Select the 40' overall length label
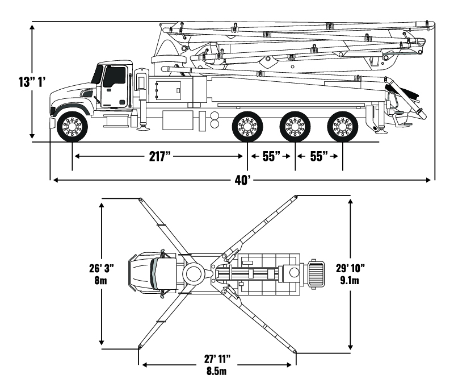tap(243, 181)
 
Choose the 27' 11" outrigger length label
tap(217, 360)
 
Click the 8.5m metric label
tap(217, 372)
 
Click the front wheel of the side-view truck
tap(72, 127)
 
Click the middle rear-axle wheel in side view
tap(294, 127)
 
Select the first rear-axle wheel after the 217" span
tap(246, 127)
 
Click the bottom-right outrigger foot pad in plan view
tap(296, 351)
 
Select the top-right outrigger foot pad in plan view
tap(296, 196)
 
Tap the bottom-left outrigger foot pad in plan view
tap(140, 345)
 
